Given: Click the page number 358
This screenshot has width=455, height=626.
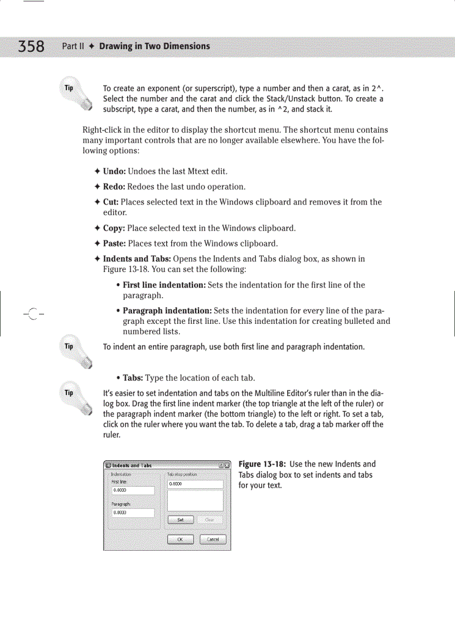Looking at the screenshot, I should (x=31, y=46).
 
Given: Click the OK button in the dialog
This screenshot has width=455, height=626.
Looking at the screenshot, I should (x=180, y=539).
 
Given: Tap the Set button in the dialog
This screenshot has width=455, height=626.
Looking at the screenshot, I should (x=180, y=520).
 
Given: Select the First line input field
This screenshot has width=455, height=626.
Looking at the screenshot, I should (x=133, y=491).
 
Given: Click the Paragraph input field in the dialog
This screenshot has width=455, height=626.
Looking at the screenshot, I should (x=133, y=512).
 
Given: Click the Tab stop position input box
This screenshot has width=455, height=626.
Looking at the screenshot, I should (x=195, y=484).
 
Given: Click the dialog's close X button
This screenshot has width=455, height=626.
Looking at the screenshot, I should (x=227, y=465).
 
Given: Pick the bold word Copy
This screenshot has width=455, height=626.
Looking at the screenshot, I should (x=114, y=228).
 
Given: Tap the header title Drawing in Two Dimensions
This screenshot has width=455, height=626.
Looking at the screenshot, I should (x=154, y=46).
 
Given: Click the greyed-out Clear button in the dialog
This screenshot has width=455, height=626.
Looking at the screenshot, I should (x=210, y=520).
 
